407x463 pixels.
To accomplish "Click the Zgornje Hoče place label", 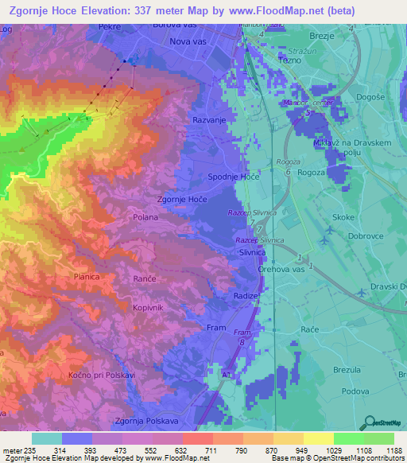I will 182,200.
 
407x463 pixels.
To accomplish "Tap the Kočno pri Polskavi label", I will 102,374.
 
